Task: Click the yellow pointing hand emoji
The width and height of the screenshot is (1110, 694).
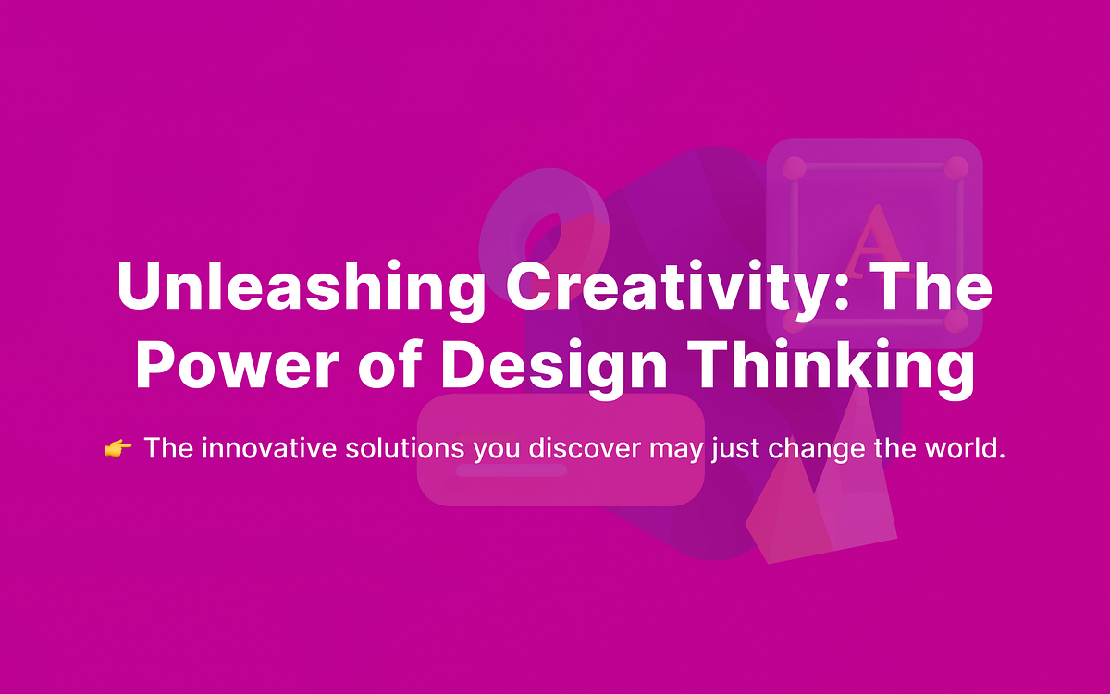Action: click(x=117, y=449)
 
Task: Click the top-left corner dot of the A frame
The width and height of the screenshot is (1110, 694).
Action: click(x=795, y=168)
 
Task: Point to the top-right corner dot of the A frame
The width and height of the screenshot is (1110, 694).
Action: click(x=956, y=168)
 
